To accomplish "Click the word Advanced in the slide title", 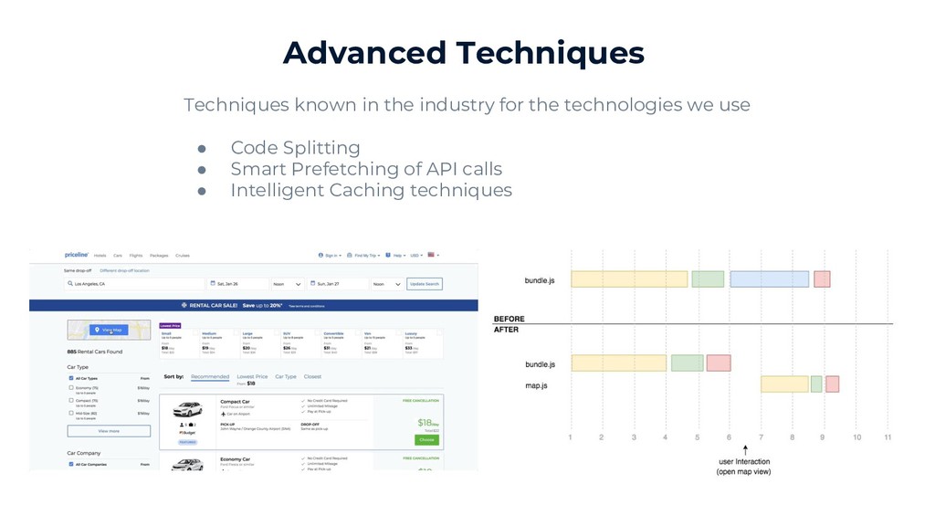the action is (363, 53).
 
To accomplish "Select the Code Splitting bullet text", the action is (295, 148).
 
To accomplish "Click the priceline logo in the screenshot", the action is (76, 256).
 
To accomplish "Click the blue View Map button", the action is (109, 330).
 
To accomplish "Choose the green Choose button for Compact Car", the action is (426, 439).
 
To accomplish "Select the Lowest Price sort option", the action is (252, 376).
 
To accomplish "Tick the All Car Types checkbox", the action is (71, 377).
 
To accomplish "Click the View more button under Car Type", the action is (109, 431).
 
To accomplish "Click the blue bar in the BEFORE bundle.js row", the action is (769, 279).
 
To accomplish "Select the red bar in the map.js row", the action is (832, 384).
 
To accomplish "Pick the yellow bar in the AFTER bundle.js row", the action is (618, 363).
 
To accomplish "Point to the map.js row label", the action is (536, 385).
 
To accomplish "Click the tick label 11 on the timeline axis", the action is (887, 437).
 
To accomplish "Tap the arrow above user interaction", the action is (745, 449).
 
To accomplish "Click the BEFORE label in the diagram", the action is (509, 320).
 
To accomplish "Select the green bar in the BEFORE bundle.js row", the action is (708, 279).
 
